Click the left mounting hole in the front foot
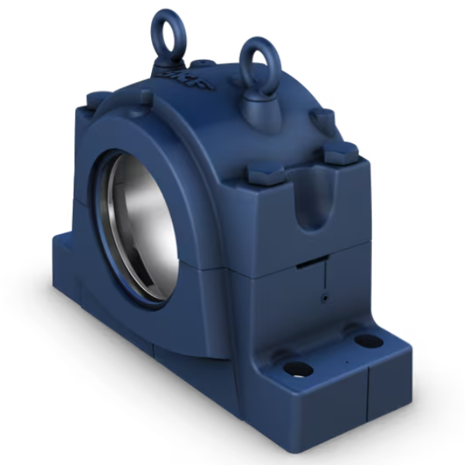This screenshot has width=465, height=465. pyautogui.click(x=298, y=369)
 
